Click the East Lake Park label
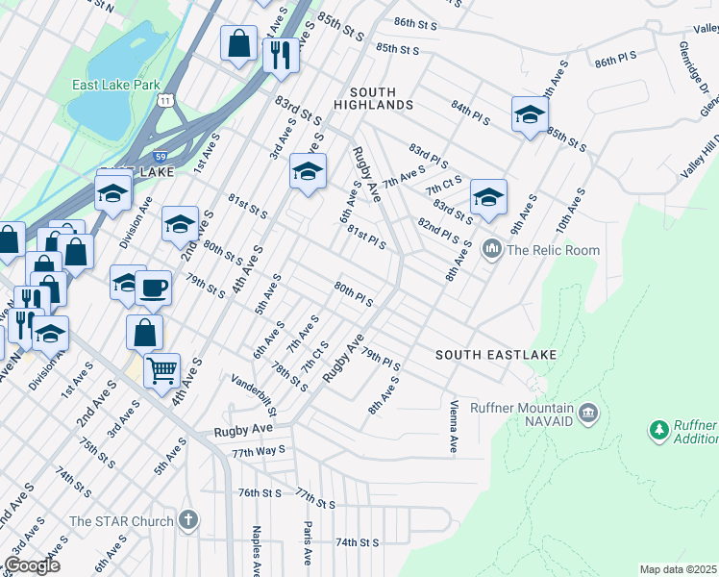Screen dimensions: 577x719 pyautogui.click(x=116, y=85)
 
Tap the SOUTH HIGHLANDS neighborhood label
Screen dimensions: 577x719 pyautogui.click(x=374, y=104)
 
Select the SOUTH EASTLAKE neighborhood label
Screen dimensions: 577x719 pyautogui.click(x=496, y=355)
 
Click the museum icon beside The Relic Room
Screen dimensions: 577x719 pyautogui.click(x=493, y=250)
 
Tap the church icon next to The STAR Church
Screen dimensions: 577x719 pyautogui.click(x=188, y=521)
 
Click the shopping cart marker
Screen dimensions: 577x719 pyautogui.click(x=161, y=368)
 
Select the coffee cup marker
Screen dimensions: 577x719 pyautogui.click(x=153, y=286)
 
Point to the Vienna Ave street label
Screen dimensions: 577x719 pyautogui.click(x=453, y=427)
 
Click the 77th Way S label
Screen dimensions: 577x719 pyautogui.click(x=258, y=450)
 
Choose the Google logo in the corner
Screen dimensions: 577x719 pyautogui.click(x=33, y=565)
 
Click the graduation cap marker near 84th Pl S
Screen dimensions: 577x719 pyautogui.click(x=529, y=114)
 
